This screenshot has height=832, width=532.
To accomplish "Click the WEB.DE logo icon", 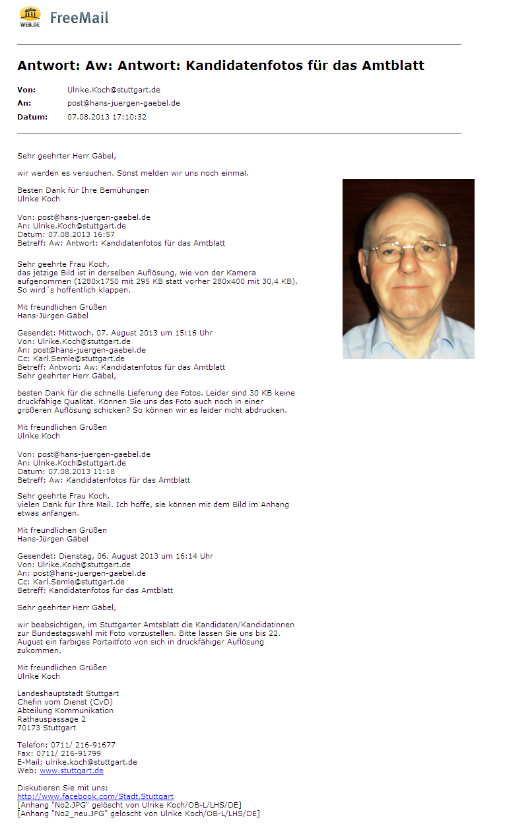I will (x=30, y=16).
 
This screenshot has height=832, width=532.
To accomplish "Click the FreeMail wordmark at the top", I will (x=79, y=18).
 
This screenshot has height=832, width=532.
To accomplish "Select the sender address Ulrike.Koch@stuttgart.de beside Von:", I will (x=114, y=90).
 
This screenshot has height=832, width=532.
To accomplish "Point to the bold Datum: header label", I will (x=32, y=117).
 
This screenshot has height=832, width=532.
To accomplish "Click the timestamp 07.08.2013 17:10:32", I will (x=107, y=117).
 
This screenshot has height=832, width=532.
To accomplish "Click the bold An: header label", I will (x=24, y=103).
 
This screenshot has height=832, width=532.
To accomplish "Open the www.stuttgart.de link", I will (x=71, y=771).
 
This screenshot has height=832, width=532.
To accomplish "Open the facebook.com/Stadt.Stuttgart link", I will (x=95, y=796).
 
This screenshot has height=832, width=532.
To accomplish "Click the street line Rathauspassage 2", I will (x=51, y=719).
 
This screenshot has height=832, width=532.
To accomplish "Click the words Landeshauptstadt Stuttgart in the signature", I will (x=68, y=693).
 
